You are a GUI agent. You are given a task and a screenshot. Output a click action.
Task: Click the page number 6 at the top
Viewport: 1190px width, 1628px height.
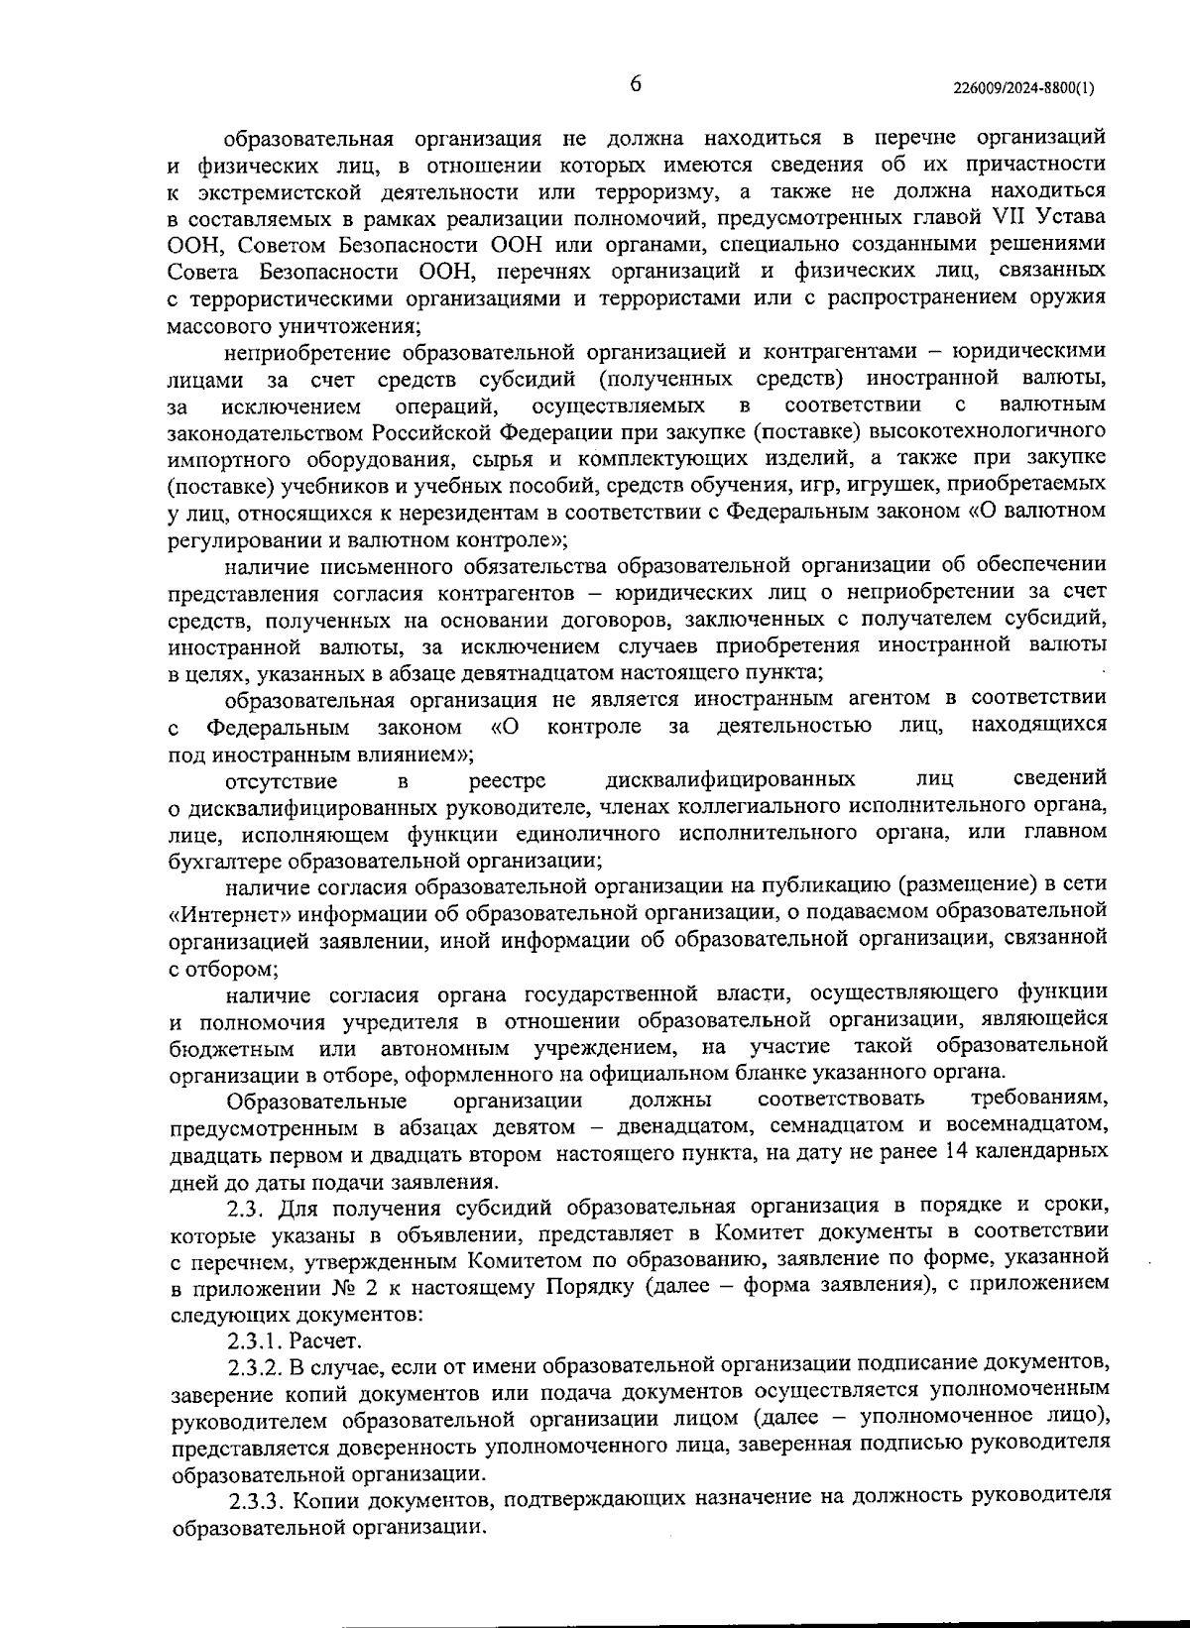(636, 84)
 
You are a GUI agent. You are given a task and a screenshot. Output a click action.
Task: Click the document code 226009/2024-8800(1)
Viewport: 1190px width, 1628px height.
(1023, 87)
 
